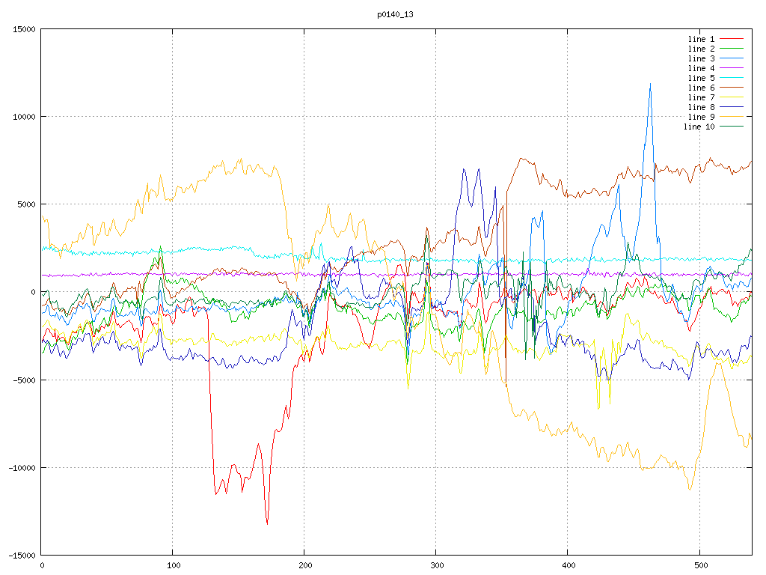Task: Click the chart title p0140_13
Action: click(396, 14)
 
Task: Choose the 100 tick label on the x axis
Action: click(173, 566)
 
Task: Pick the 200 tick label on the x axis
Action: click(304, 566)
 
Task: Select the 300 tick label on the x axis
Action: click(436, 566)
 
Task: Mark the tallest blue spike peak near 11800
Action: click(650, 84)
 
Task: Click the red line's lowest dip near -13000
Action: click(267, 523)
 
